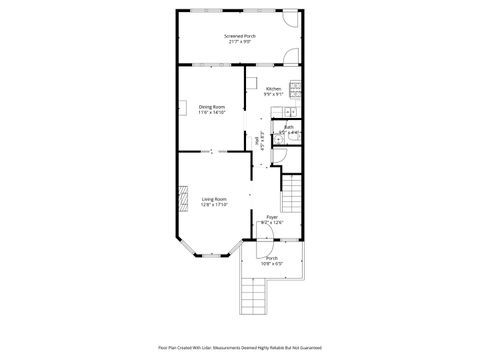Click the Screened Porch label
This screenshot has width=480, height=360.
point(240,36)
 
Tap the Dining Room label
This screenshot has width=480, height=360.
point(211,106)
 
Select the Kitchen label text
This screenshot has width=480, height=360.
point(273,88)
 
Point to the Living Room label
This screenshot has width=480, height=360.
point(213,198)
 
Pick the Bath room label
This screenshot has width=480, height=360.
point(288,126)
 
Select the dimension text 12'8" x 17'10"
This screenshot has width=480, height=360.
point(213,204)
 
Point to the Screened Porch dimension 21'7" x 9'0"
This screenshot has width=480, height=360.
point(240,42)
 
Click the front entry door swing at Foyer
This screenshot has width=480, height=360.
point(264,233)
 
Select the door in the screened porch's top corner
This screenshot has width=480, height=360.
point(292,18)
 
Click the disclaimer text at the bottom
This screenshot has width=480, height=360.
point(240,348)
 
